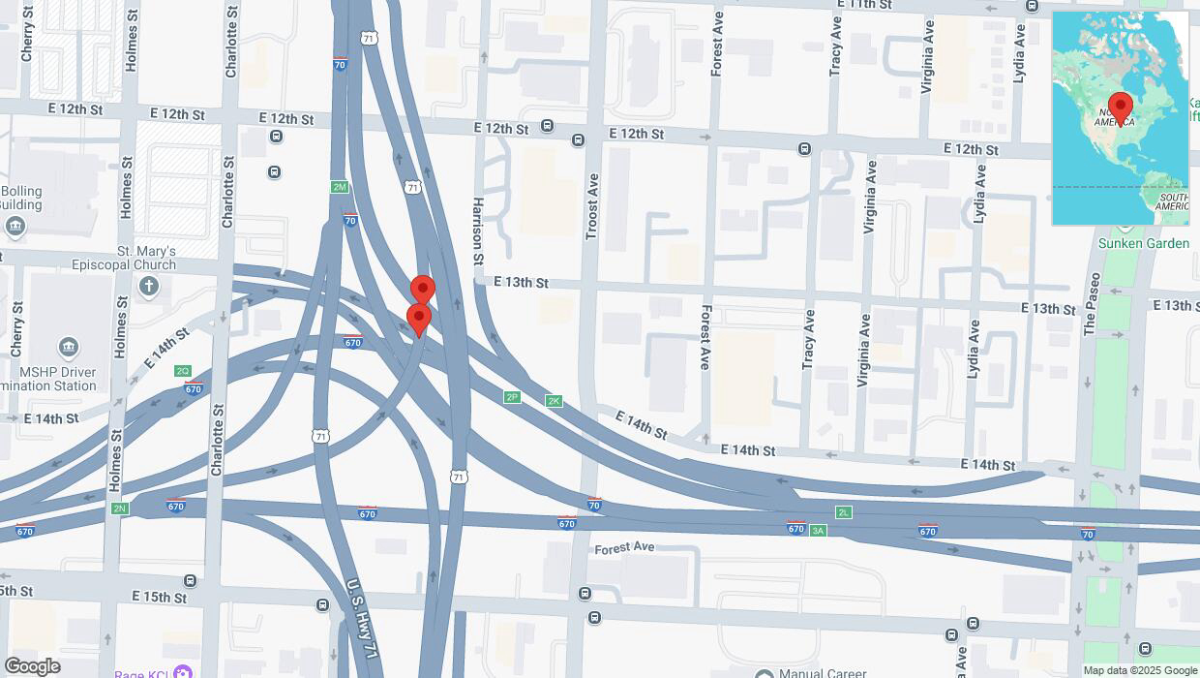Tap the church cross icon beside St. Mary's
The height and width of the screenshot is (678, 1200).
coord(148,285)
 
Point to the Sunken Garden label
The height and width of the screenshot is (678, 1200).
coord(1144,243)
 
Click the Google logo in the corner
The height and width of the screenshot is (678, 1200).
coord(32,666)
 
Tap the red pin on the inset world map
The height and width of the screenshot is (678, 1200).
coord(1121,107)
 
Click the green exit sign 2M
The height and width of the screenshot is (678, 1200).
coord(339,187)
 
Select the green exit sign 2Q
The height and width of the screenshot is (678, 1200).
coord(183,371)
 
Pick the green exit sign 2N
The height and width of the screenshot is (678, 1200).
coord(119,508)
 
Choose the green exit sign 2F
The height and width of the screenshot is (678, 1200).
coord(512,397)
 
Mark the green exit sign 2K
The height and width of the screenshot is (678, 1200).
coord(554,401)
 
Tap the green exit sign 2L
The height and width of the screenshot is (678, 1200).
coord(844,511)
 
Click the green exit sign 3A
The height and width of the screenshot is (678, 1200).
coord(818,530)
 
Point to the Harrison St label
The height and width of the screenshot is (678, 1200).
coord(477,232)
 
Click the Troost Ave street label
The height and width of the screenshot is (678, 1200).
coord(592,206)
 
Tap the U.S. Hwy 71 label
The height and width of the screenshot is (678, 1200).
coord(360,618)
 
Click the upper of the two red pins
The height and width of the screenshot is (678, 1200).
coord(422,289)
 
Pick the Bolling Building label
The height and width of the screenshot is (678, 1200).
coord(21,198)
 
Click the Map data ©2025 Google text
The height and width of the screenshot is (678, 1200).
coord(1140,670)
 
